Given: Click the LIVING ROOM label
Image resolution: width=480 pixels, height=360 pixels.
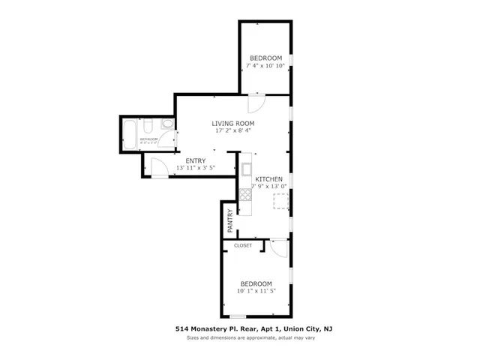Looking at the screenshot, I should coord(232,123).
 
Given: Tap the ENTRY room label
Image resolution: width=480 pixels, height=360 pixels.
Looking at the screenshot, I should coord(196,160).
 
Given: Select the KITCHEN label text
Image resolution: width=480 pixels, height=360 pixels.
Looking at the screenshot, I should coord(268,178).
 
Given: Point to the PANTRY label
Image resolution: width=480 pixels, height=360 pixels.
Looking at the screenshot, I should coord(230,220).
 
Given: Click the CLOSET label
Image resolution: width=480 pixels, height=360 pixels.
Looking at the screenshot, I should coord(243,245).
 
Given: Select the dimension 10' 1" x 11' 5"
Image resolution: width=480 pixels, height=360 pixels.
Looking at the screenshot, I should coord(256,290).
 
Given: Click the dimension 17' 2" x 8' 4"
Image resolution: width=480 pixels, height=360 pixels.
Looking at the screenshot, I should coord(232,131).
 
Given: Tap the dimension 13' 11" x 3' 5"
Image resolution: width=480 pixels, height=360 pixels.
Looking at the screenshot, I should coord(196,168).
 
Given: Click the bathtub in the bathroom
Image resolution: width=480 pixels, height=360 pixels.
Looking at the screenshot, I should coord(130,133).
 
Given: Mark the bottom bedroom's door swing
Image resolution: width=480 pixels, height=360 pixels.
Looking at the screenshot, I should coord(278,248).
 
